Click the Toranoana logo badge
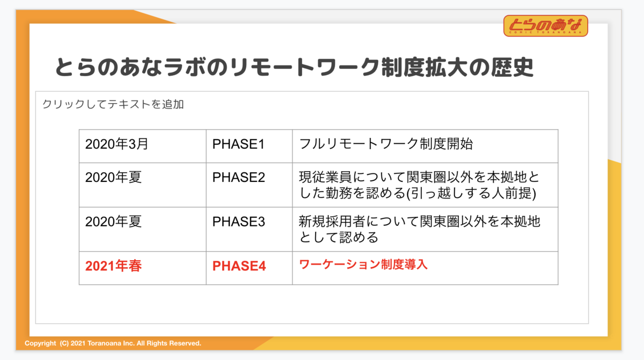click(546, 26)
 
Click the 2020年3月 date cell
click(143, 146)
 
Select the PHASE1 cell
click(249, 146)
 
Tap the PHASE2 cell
click(249, 185)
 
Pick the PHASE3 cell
click(249, 229)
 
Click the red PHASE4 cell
click(249, 268)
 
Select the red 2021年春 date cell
click(143, 268)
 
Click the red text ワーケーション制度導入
click(363, 265)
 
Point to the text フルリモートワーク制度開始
click(386, 144)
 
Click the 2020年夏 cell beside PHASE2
click(143, 185)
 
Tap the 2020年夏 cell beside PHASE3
click(143, 229)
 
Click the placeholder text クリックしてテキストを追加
click(113, 104)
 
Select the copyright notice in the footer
click(113, 343)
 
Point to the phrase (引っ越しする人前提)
click(471, 193)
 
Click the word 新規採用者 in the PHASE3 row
click(332, 222)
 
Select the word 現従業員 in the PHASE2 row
click(325, 177)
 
